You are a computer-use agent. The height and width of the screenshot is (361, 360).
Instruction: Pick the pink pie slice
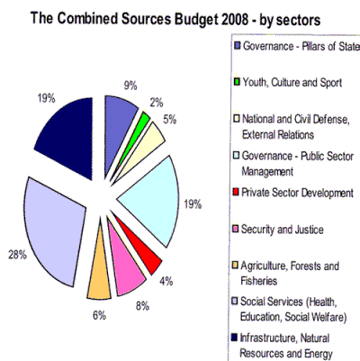(128, 270)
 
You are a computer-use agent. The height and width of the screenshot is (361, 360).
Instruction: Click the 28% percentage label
(17, 256)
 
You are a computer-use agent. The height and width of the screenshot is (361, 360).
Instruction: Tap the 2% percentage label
(157, 103)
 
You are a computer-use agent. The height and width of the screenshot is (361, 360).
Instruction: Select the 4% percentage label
(166, 281)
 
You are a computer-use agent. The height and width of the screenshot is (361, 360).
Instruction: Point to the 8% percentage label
(142, 306)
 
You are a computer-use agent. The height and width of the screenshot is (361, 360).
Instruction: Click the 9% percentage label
(130, 86)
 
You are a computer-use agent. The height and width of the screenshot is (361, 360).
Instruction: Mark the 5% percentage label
(170, 120)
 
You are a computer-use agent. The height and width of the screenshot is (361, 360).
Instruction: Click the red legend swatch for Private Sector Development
(236, 192)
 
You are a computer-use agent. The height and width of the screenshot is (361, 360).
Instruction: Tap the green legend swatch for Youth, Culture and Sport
(237, 82)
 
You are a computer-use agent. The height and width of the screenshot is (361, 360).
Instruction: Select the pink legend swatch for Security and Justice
(236, 229)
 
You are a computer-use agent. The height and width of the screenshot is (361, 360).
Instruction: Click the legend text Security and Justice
(283, 230)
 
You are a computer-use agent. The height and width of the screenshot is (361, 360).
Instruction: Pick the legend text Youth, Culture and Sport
(292, 83)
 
